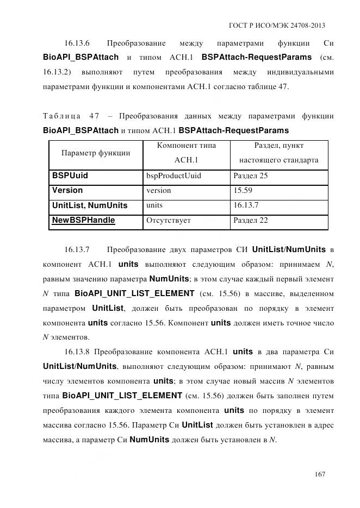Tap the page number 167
tap(320, 474)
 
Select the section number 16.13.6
tap(77, 43)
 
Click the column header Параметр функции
tap(95, 153)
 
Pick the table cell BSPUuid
tap(70, 175)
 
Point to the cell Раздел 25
tap(251, 176)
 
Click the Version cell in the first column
tap(67, 191)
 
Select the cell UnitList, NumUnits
tap(90, 205)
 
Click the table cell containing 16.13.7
tap(246, 205)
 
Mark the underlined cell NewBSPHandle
tap(83, 220)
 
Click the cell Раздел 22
tap(251, 221)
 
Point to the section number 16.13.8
tap(77, 351)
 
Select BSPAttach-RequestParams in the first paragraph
tap(256, 57)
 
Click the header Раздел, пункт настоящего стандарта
tap(279, 153)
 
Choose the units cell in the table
tap(154, 205)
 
